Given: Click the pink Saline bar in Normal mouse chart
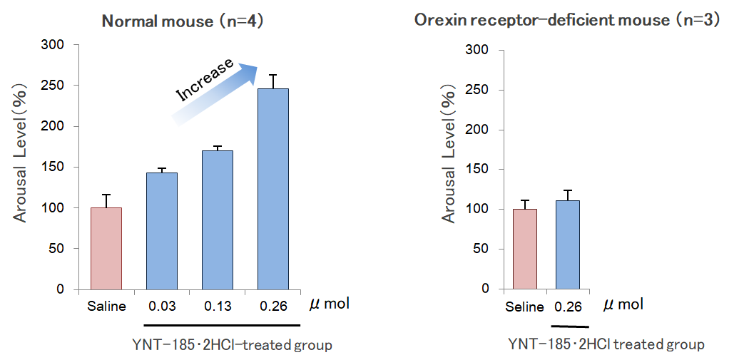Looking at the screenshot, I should click(106, 249).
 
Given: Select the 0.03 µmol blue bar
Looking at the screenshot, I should click(162, 231).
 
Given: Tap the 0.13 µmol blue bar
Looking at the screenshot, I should click(218, 220).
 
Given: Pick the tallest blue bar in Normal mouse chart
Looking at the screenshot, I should click(273, 190).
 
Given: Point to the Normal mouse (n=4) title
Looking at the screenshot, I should click(183, 21).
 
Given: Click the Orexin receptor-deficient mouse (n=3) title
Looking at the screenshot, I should click(567, 20).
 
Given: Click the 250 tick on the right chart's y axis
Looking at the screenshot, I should click(478, 90).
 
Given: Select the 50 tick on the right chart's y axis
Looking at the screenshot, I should click(481, 249).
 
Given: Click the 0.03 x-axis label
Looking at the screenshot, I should click(162, 307).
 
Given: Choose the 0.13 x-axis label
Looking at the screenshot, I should click(218, 307).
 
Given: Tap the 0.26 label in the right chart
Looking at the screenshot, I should click(567, 307).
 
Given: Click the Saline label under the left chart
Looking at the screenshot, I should click(106, 307).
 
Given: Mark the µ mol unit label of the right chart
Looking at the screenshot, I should click(623, 305).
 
